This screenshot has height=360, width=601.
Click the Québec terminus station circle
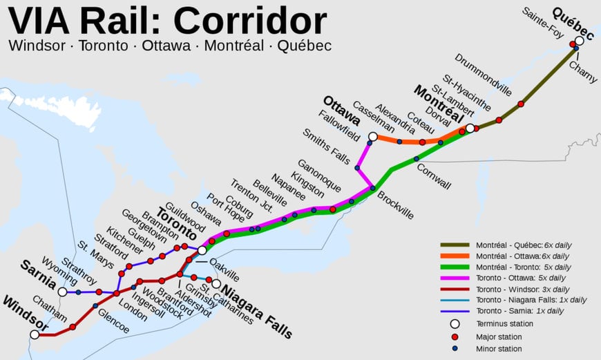[x=580, y=41]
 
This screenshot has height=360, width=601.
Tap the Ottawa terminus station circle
[x=373, y=137]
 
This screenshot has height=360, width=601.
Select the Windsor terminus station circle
[x=35, y=334]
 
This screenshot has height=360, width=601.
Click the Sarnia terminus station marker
[x=62, y=292]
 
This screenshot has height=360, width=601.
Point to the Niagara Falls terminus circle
[x=216, y=283]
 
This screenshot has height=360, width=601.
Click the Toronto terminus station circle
[x=202, y=250]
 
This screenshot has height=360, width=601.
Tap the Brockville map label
[x=396, y=205]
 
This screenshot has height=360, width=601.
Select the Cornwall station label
[x=433, y=176]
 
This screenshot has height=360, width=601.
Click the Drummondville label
[x=484, y=74]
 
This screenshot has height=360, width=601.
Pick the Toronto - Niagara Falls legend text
[x=531, y=300]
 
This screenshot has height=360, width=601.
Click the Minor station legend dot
[x=455, y=349]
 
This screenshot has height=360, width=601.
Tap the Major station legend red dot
[x=455, y=337]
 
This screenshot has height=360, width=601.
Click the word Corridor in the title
[x=250, y=21]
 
